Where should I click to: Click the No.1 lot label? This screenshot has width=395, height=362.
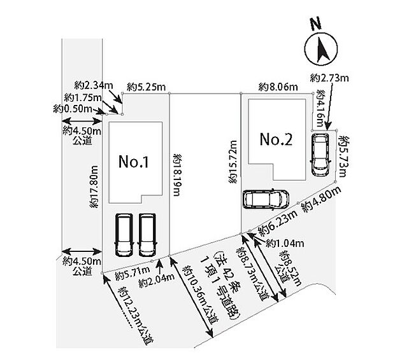(x=134, y=162)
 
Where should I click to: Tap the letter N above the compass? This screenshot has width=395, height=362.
(x=313, y=24)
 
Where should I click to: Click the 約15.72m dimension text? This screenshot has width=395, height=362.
(x=234, y=162)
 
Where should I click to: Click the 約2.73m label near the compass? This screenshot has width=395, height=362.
(x=331, y=78)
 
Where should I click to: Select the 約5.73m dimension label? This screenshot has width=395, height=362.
(x=345, y=153)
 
